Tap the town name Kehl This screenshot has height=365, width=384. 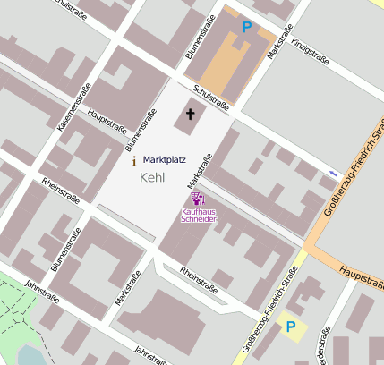(x=153, y=178)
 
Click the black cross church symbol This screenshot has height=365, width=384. (x=189, y=114)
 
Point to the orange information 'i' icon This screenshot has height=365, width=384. (x=134, y=161)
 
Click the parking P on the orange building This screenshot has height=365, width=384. (x=246, y=28)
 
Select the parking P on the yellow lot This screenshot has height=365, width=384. (x=289, y=327)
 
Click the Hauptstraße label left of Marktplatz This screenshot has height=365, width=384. (x=107, y=120)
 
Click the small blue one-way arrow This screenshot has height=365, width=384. (x=334, y=173)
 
